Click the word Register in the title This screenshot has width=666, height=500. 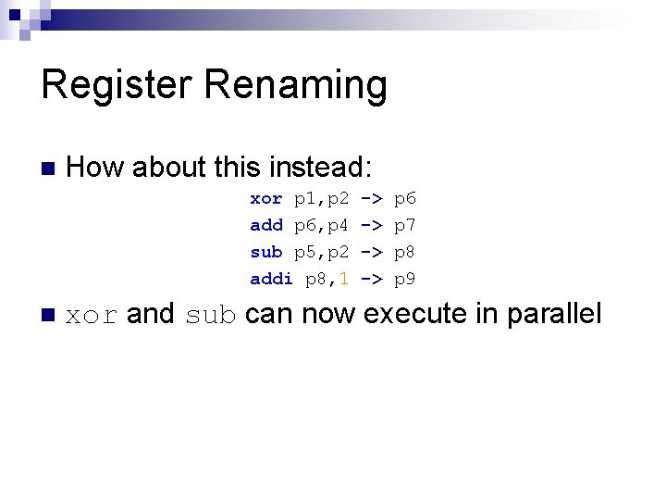[x=116, y=85]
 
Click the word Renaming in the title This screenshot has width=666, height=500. [x=295, y=85]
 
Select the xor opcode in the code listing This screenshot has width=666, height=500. [x=266, y=198]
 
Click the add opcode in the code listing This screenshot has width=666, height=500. [x=266, y=225]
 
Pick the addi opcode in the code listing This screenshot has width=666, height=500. [x=271, y=279]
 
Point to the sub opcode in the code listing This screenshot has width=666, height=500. [x=266, y=252]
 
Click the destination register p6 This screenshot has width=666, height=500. [x=405, y=198]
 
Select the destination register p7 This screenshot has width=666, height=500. [x=405, y=225]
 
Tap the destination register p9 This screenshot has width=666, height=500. [x=405, y=279]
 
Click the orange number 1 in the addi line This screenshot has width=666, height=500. [x=343, y=279]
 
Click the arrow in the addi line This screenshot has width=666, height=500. [x=372, y=279]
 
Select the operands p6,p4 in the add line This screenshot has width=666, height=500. [x=321, y=225]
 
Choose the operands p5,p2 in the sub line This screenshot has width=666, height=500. [x=321, y=252]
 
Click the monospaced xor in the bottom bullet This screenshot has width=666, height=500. [x=92, y=316]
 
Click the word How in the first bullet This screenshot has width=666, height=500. [x=97, y=168]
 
